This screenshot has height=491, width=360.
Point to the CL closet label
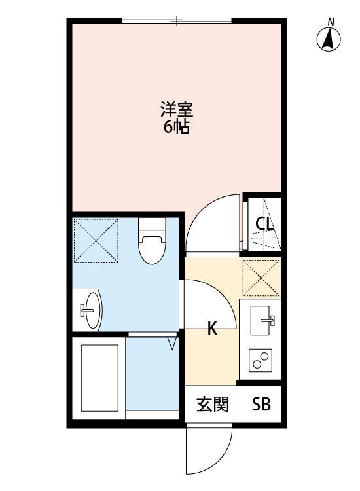264,225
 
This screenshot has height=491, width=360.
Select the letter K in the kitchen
212,329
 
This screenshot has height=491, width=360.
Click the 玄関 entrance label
213,405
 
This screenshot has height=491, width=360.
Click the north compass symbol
331,41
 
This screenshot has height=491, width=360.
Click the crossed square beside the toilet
96,240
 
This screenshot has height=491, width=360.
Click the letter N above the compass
331,22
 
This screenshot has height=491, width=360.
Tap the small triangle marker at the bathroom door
173,342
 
